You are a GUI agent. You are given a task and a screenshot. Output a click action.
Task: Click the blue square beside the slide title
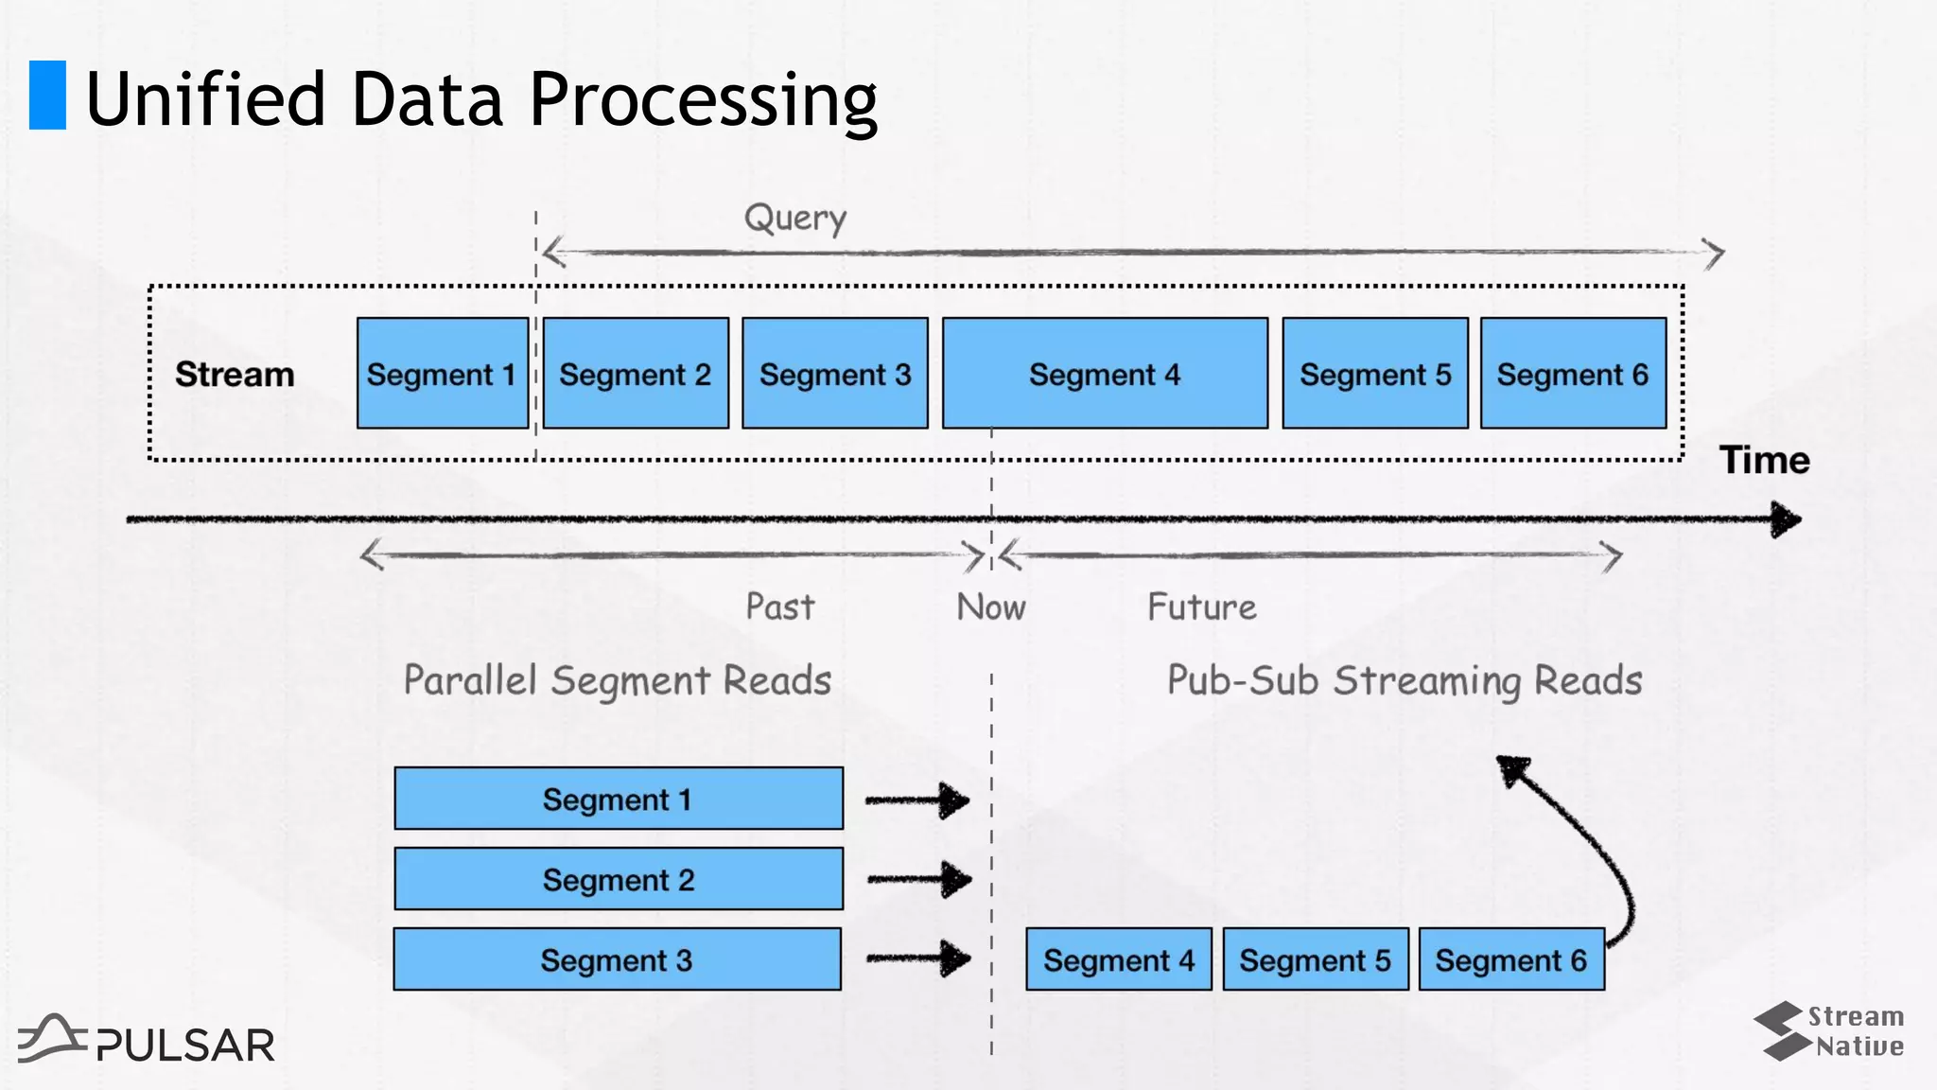pyautogui.click(x=47, y=95)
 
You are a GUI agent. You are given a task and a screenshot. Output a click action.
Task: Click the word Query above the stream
pyautogui.click(x=794, y=219)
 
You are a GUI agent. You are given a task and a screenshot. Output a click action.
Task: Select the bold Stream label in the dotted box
pyautogui.click(x=235, y=375)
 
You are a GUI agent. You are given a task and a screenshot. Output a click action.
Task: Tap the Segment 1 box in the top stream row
pyautogui.click(x=442, y=374)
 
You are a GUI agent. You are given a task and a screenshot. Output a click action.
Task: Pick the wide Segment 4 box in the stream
pyautogui.click(x=1105, y=374)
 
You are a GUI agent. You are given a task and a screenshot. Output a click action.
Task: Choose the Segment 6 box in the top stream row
pyautogui.click(x=1573, y=374)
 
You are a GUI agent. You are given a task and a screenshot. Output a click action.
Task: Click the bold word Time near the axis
pyautogui.click(x=1764, y=460)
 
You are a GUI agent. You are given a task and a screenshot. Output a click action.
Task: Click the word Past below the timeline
pyautogui.click(x=779, y=607)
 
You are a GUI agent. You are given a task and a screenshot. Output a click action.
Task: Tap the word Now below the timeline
pyautogui.click(x=990, y=607)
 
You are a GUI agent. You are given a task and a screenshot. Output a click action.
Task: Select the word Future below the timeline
pyautogui.click(x=1201, y=607)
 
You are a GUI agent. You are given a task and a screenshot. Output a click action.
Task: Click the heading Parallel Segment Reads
pyautogui.click(x=618, y=680)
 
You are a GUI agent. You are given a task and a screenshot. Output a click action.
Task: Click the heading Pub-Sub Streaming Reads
pyautogui.click(x=1404, y=680)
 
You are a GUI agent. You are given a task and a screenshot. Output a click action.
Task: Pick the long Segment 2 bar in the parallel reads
pyautogui.click(x=619, y=879)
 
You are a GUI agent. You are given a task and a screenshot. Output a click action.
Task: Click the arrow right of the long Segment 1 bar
pyautogui.click(x=917, y=800)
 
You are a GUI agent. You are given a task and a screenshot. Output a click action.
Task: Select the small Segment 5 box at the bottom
pyautogui.click(x=1315, y=959)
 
